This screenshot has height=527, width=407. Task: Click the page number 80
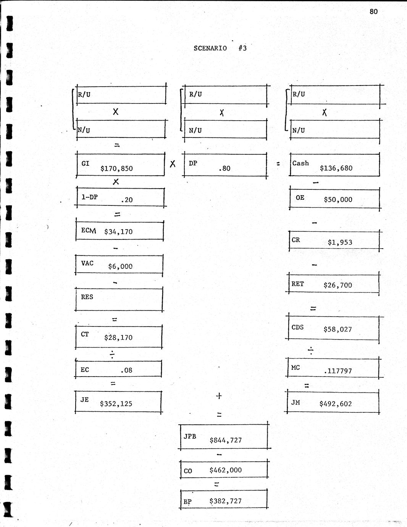(x=373, y=11)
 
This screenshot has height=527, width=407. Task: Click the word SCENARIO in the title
(x=210, y=48)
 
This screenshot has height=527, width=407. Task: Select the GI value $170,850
(x=116, y=168)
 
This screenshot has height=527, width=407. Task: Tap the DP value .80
(x=224, y=168)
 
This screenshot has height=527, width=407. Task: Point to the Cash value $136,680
(x=336, y=168)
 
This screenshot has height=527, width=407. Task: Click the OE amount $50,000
(x=338, y=200)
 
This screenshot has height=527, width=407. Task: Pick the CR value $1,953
(x=340, y=242)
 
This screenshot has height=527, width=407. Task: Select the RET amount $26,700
(x=338, y=285)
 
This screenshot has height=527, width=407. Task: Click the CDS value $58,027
(x=338, y=329)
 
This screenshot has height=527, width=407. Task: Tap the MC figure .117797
(x=338, y=371)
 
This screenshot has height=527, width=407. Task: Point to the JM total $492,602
(x=336, y=404)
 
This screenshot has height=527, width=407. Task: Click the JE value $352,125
(x=116, y=404)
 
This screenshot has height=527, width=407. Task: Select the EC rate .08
(x=126, y=370)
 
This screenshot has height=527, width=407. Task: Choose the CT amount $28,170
(x=118, y=338)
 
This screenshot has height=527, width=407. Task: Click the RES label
(x=87, y=297)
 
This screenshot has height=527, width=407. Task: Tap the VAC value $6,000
(x=120, y=267)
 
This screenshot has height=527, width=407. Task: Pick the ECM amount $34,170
(x=118, y=231)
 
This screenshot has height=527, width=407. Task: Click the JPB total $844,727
(x=226, y=440)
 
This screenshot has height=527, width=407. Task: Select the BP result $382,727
(x=225, y=501)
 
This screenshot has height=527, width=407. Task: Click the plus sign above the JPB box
(x=219, y=396)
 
